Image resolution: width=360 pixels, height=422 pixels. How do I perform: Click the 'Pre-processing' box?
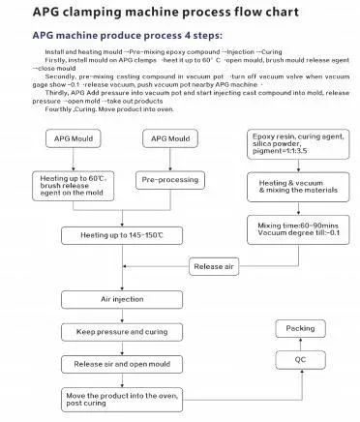171,180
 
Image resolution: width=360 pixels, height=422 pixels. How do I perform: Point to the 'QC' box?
300,359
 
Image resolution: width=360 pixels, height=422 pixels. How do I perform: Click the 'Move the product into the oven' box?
125,401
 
